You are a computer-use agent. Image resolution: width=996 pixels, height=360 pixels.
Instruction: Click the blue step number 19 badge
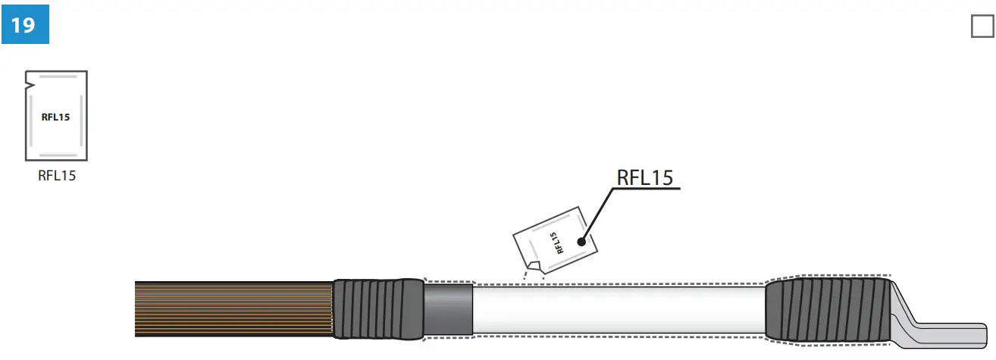(x=24, y=25)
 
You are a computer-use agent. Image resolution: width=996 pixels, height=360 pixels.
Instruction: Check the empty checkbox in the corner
(x=982, y=27)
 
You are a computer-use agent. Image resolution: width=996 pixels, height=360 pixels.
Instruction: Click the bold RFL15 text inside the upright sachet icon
(x=55, y=117)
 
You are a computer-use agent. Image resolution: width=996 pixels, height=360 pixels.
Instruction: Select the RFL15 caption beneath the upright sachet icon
(x=57, y=176)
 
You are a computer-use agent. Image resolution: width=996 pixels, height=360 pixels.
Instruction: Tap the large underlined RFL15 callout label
(x=645, y=177)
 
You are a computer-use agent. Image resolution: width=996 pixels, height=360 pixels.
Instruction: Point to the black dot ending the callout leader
(x=581, y=242)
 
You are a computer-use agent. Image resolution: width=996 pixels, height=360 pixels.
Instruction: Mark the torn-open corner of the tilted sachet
(x=534, y=266)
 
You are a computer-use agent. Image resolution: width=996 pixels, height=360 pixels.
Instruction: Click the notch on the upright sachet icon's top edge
(x=29, y=77)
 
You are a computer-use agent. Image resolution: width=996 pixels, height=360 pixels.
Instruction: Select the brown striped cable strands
(x=233, y=308)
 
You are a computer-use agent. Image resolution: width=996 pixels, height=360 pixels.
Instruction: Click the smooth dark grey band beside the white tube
(x=448, y=309)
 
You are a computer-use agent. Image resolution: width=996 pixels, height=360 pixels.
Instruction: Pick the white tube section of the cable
(x=618, y=309)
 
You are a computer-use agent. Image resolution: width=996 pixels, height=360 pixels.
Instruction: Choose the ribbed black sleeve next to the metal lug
(x=826, y=309)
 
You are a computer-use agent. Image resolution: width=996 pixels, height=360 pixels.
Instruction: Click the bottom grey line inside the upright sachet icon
(x=57, y=154)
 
